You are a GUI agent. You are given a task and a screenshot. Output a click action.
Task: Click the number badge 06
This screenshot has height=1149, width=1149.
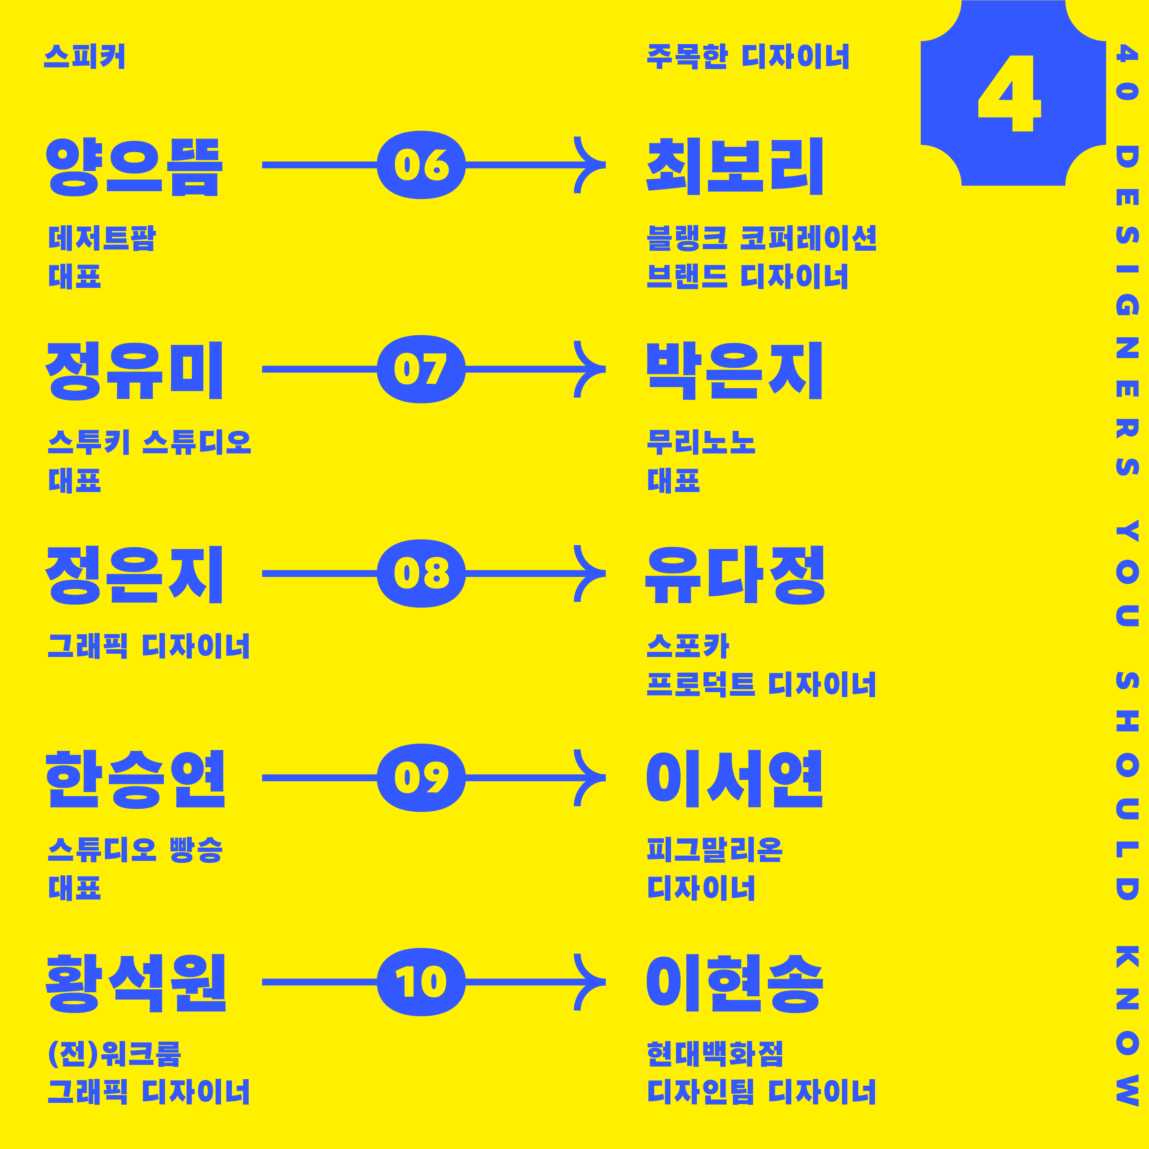tap(421, 165)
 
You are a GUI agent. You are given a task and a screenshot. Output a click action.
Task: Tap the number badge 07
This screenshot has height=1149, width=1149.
tap(421, 369)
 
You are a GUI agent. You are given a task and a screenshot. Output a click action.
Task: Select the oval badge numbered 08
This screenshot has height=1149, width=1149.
tap(421, 573)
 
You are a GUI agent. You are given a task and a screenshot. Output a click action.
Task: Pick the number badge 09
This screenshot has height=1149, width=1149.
tap(421, 778)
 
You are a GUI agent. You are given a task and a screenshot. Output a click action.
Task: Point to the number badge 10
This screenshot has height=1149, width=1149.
tap(421, 982)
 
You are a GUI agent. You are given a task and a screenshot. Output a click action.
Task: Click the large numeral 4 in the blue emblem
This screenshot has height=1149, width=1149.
tap(1009, 94)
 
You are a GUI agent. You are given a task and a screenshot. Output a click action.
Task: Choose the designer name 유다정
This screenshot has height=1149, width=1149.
tap(735, 574)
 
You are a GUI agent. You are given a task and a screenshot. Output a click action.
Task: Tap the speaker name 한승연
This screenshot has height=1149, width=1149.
tap(136, 779)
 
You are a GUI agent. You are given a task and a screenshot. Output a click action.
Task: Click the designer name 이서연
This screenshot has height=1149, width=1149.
tap(735, 779)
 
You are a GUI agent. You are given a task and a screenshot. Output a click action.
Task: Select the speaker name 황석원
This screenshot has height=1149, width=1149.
tap(136, 983)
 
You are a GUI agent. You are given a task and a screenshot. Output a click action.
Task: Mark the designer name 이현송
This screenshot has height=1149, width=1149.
tap(735, 983)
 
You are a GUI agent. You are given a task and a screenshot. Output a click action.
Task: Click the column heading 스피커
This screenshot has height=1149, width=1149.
tap(85, 56)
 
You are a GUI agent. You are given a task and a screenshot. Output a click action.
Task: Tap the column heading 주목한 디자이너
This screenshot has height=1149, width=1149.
tap(748, 56)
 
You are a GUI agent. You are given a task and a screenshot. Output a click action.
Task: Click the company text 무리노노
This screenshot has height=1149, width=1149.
tap(701, 442)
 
